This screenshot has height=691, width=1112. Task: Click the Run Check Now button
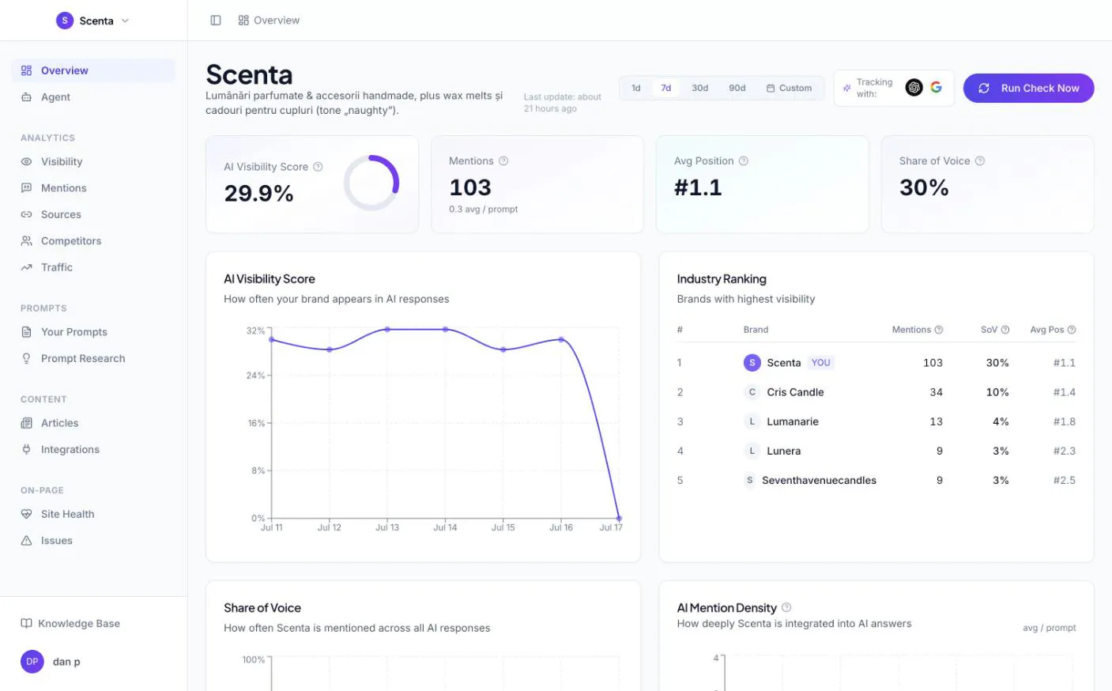coord(1028,88)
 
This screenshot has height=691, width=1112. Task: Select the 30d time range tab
coord(699,88)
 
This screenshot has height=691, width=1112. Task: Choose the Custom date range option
coord(789,88)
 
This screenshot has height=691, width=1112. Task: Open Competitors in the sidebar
coord(71,241)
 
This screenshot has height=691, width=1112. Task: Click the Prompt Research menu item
coord(83,358)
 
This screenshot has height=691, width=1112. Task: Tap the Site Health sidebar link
coord(67,514)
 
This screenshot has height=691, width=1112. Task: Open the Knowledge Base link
coord(79,624)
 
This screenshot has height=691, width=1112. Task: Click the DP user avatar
coord(32,662)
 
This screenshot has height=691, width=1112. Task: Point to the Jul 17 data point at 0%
coord(619,518)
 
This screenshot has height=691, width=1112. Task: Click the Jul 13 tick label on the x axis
coord(387,527)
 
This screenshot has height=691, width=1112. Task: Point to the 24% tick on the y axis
coord(255,376)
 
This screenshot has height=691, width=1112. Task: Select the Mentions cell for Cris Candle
coord(936,392)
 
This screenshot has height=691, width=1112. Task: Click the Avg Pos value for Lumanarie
coord(1064,421)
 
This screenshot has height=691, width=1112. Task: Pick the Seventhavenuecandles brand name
coord(819,481)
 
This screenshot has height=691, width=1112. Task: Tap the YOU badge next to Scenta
coord(820,363)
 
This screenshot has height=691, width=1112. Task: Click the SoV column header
coord(989,330)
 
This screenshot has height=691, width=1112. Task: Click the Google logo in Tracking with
coord(937,88)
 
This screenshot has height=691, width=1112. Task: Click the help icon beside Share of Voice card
coord(980,161)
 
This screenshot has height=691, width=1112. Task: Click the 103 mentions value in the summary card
coord(470,188)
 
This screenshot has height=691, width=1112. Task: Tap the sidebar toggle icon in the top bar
coord(216,21)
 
